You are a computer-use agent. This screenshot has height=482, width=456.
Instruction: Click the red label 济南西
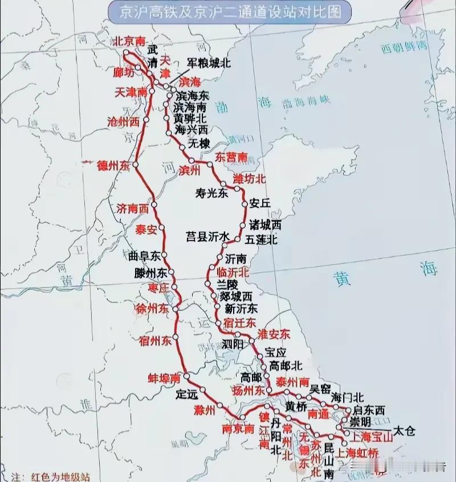coord(132,208)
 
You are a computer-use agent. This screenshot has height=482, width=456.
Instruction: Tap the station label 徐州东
coord(152,308)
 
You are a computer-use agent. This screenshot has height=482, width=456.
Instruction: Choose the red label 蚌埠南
coord(164,378)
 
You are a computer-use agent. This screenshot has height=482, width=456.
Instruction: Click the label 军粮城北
coord(209,63)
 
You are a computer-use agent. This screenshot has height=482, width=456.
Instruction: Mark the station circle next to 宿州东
coord(177,337)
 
